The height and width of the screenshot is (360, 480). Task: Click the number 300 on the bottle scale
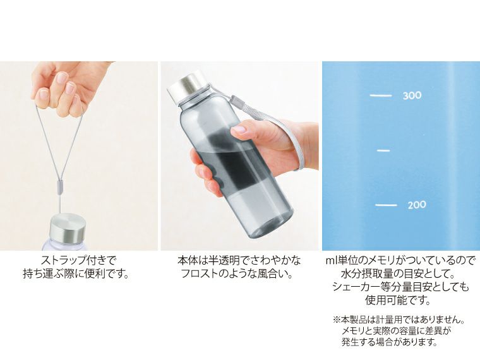[412, 96]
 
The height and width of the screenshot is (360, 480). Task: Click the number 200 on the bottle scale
[416, 205]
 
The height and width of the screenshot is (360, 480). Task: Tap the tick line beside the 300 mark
[381, 96]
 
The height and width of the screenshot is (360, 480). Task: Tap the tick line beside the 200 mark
[386, 205]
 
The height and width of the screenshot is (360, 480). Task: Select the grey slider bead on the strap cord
[61, 187]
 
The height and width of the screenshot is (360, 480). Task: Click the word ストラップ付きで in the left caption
[80, 260]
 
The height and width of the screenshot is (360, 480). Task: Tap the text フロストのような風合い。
[239, 273]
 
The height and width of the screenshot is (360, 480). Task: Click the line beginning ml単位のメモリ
[400, 260]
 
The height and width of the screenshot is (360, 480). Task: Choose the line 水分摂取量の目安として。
[400, 273]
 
